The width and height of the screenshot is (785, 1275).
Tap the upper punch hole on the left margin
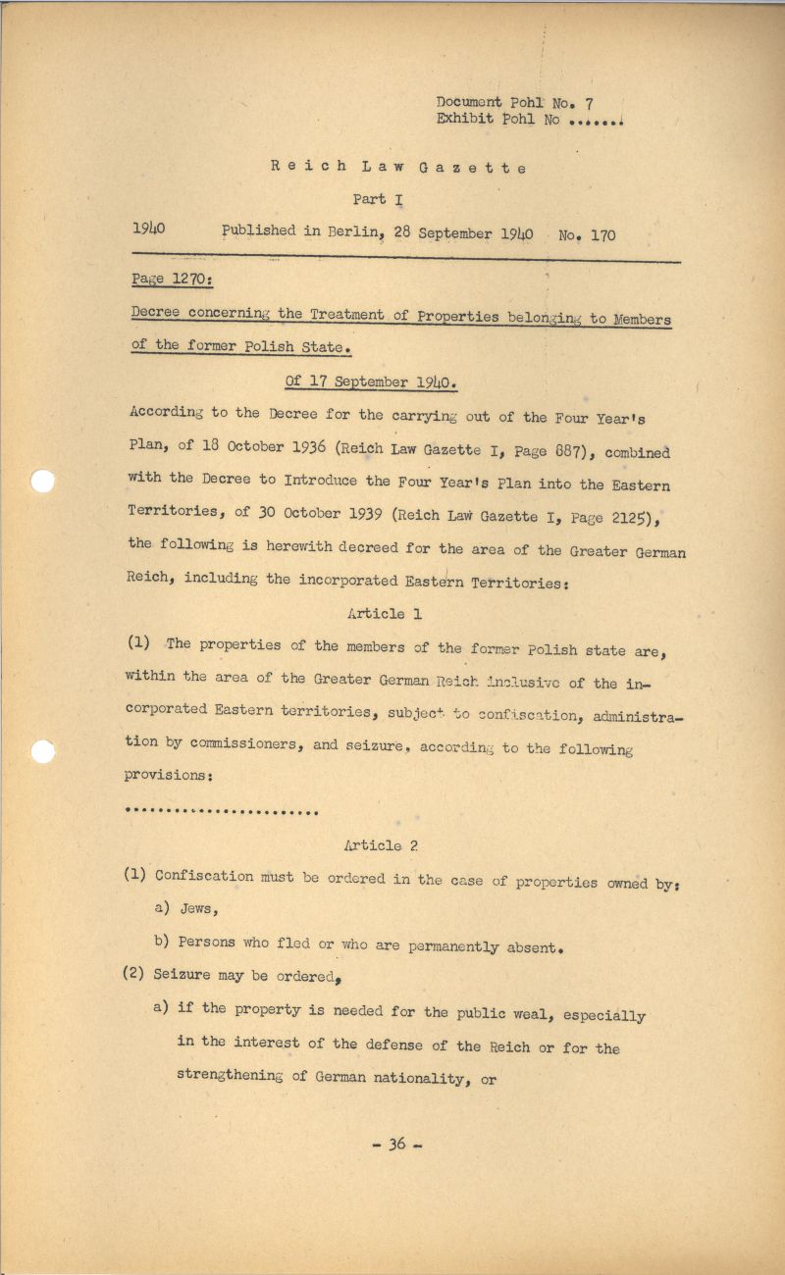pyautogui.click(x=43, y=482)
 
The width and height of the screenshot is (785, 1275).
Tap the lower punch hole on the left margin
pyautogui.click(x=42, y=751)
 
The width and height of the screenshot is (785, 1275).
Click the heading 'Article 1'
pyautogui.click(x=376, y=613)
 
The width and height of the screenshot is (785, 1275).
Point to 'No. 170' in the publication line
pyautogui.click(x=587, y=235)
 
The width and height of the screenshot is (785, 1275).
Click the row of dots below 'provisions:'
pyautogui.click(x=223, y=811)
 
